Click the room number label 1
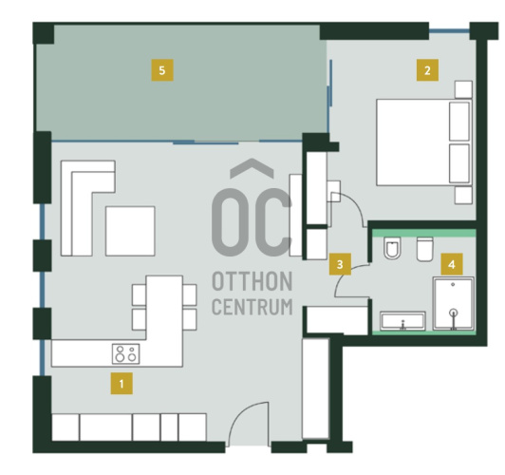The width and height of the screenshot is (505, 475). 122,384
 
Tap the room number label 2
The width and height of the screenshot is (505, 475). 427,70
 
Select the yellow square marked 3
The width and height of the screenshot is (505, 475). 340,264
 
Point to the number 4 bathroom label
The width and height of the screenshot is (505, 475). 452,264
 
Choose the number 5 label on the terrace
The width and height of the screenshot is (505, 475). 162,70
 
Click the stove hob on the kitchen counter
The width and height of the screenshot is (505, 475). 126,353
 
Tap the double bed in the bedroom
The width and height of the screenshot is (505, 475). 423,142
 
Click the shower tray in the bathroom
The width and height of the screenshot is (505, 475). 453,304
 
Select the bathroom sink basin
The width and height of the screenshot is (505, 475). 402,321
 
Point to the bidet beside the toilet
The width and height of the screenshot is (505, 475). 392,248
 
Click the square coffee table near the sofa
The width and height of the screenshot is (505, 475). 130,231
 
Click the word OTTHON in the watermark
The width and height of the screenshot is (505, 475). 252,281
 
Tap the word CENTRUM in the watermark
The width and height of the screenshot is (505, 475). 252,307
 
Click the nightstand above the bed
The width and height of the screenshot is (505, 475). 463,89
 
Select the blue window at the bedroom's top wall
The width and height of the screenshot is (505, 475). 449,31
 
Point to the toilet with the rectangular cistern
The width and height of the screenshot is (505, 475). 425,249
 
